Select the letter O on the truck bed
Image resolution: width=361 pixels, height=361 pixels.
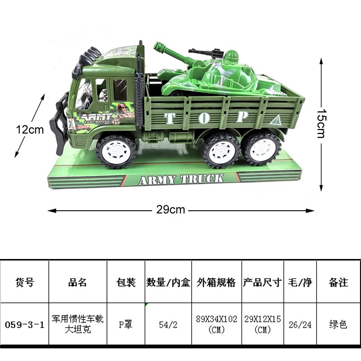204,118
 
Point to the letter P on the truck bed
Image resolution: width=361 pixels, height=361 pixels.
242,117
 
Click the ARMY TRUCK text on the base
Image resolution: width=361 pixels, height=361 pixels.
181,179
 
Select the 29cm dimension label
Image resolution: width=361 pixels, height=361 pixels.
171,209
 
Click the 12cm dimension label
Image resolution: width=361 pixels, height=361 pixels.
30,130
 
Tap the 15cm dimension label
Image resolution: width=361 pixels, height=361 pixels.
321,123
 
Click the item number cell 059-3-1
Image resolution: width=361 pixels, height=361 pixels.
24,324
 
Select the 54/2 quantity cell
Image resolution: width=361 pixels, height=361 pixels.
168,324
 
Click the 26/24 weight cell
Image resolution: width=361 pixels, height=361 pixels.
300,324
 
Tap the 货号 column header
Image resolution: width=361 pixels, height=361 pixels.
25,282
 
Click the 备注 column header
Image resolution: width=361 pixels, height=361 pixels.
338,282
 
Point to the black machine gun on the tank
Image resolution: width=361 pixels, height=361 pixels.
206,53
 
